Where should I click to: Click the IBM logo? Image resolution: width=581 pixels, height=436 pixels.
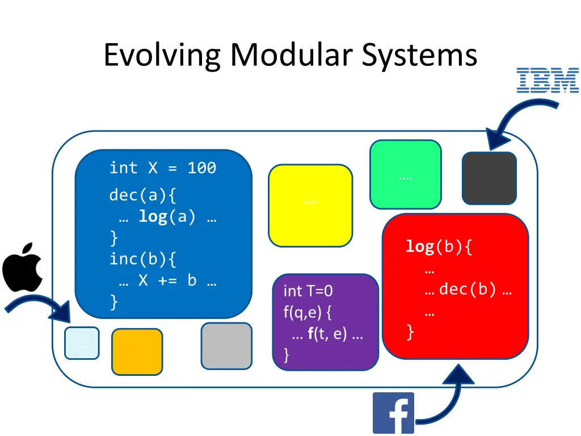[x=547, y=80]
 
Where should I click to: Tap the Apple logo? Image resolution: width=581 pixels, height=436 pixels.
[x=23, y=267]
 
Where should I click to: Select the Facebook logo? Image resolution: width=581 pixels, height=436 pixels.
[x=393, y=413]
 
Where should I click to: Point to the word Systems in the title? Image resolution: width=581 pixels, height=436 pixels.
[x=420, y=56]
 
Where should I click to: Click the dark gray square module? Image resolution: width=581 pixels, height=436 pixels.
[x=489, y=178]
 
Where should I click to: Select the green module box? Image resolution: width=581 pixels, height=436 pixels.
[x=405, y=174]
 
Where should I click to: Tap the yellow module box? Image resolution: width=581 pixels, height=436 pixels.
[x=310, y=206]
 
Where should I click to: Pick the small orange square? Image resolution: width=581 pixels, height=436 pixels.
[x=137, y=351]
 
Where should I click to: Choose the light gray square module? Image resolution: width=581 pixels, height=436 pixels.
[x=226, y=346]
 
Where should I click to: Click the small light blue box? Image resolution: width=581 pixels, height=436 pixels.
[x=82, y=343]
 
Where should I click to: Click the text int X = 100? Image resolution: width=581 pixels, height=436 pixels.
[x=163, y=168]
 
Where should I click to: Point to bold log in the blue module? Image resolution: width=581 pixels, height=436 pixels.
[x=153, y=216]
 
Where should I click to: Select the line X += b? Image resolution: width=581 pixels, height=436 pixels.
[x=168, y=280]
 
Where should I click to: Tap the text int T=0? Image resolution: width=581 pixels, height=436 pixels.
[x=308, y=291]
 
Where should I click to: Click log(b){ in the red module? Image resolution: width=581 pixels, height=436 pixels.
[x=438, y=247]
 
